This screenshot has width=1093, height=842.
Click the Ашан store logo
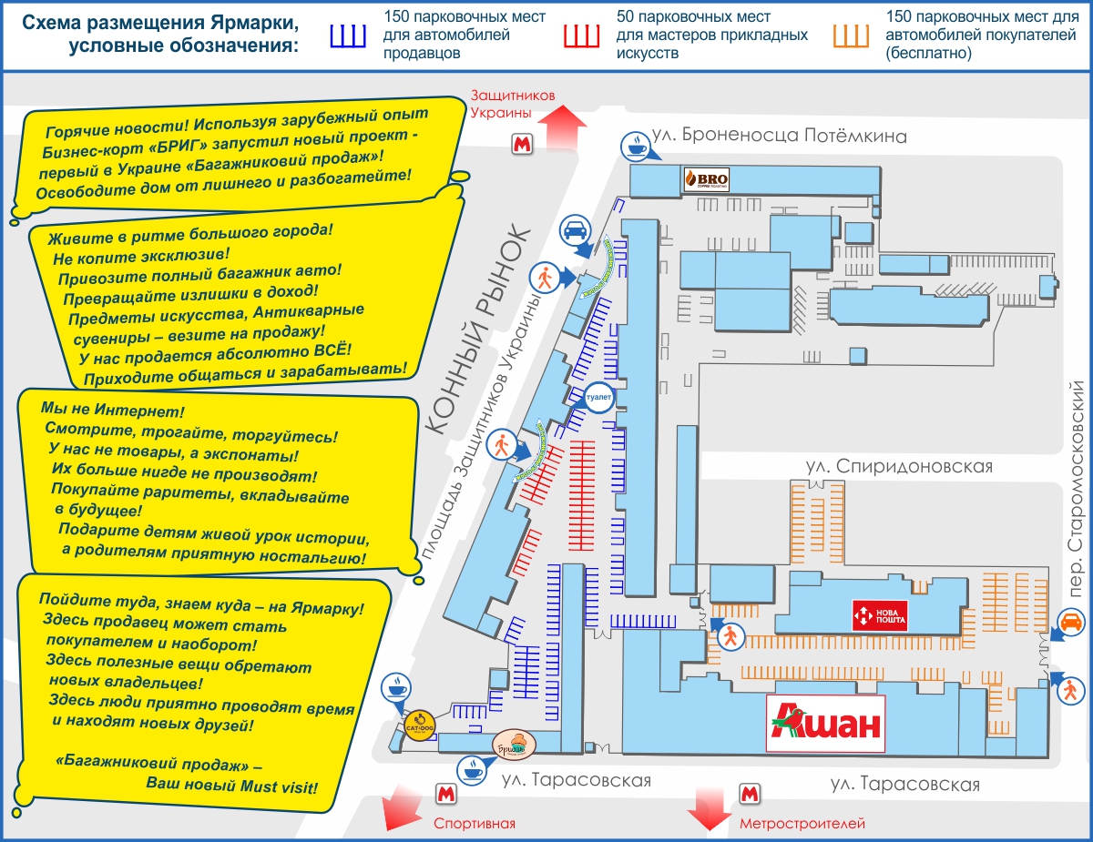click(826, 724)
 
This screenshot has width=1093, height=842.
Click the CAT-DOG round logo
click(418, 725)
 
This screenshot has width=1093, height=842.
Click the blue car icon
click(574, 231)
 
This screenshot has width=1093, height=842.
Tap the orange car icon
click(1071, 624)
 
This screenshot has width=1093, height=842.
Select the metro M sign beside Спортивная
click(445, 793)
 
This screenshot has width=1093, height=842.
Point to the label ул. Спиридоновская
click(898, 466)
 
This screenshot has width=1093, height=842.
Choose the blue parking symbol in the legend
click(347, 36)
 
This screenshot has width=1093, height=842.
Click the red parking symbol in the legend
click(581, 36)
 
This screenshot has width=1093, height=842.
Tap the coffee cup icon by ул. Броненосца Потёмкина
click(635, 145)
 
